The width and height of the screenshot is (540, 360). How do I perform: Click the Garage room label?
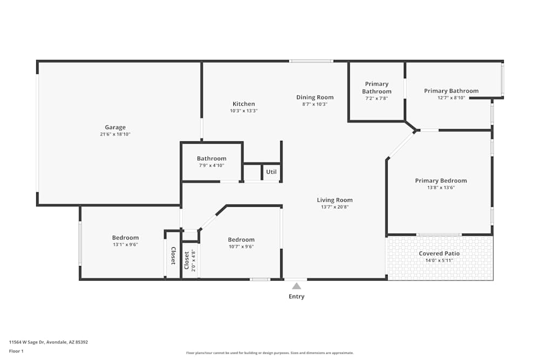point(115,127)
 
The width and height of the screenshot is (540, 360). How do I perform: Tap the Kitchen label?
point(244,104)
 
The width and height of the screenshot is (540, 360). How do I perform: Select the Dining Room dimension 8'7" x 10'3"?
point(315,104)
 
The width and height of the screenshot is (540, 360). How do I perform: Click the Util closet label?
point(271,172)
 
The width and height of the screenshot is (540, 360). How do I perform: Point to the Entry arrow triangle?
point(296,286)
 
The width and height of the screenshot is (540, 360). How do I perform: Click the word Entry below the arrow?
point(296,296)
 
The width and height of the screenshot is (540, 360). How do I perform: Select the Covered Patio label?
point(439,254)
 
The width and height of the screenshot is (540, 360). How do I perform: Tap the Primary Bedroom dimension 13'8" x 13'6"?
point(441,188)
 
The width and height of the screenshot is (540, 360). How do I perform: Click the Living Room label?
point(335,200)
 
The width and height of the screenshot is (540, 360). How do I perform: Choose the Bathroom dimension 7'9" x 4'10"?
point(211,166)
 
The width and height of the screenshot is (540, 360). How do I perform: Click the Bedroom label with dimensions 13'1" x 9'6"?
point(125,237)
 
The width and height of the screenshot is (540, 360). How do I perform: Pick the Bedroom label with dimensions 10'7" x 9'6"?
point(241,240)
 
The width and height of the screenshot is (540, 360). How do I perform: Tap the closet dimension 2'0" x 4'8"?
point(193,260)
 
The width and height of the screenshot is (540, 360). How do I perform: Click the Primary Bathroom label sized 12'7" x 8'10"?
point(451,91)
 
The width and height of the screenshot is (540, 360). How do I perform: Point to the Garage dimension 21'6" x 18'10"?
point(115,134)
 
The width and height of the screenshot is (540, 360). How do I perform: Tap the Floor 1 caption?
point(16,351)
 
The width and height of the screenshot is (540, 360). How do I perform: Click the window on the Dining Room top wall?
point(310,61)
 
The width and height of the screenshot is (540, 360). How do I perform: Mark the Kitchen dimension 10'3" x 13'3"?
point(244,111)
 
